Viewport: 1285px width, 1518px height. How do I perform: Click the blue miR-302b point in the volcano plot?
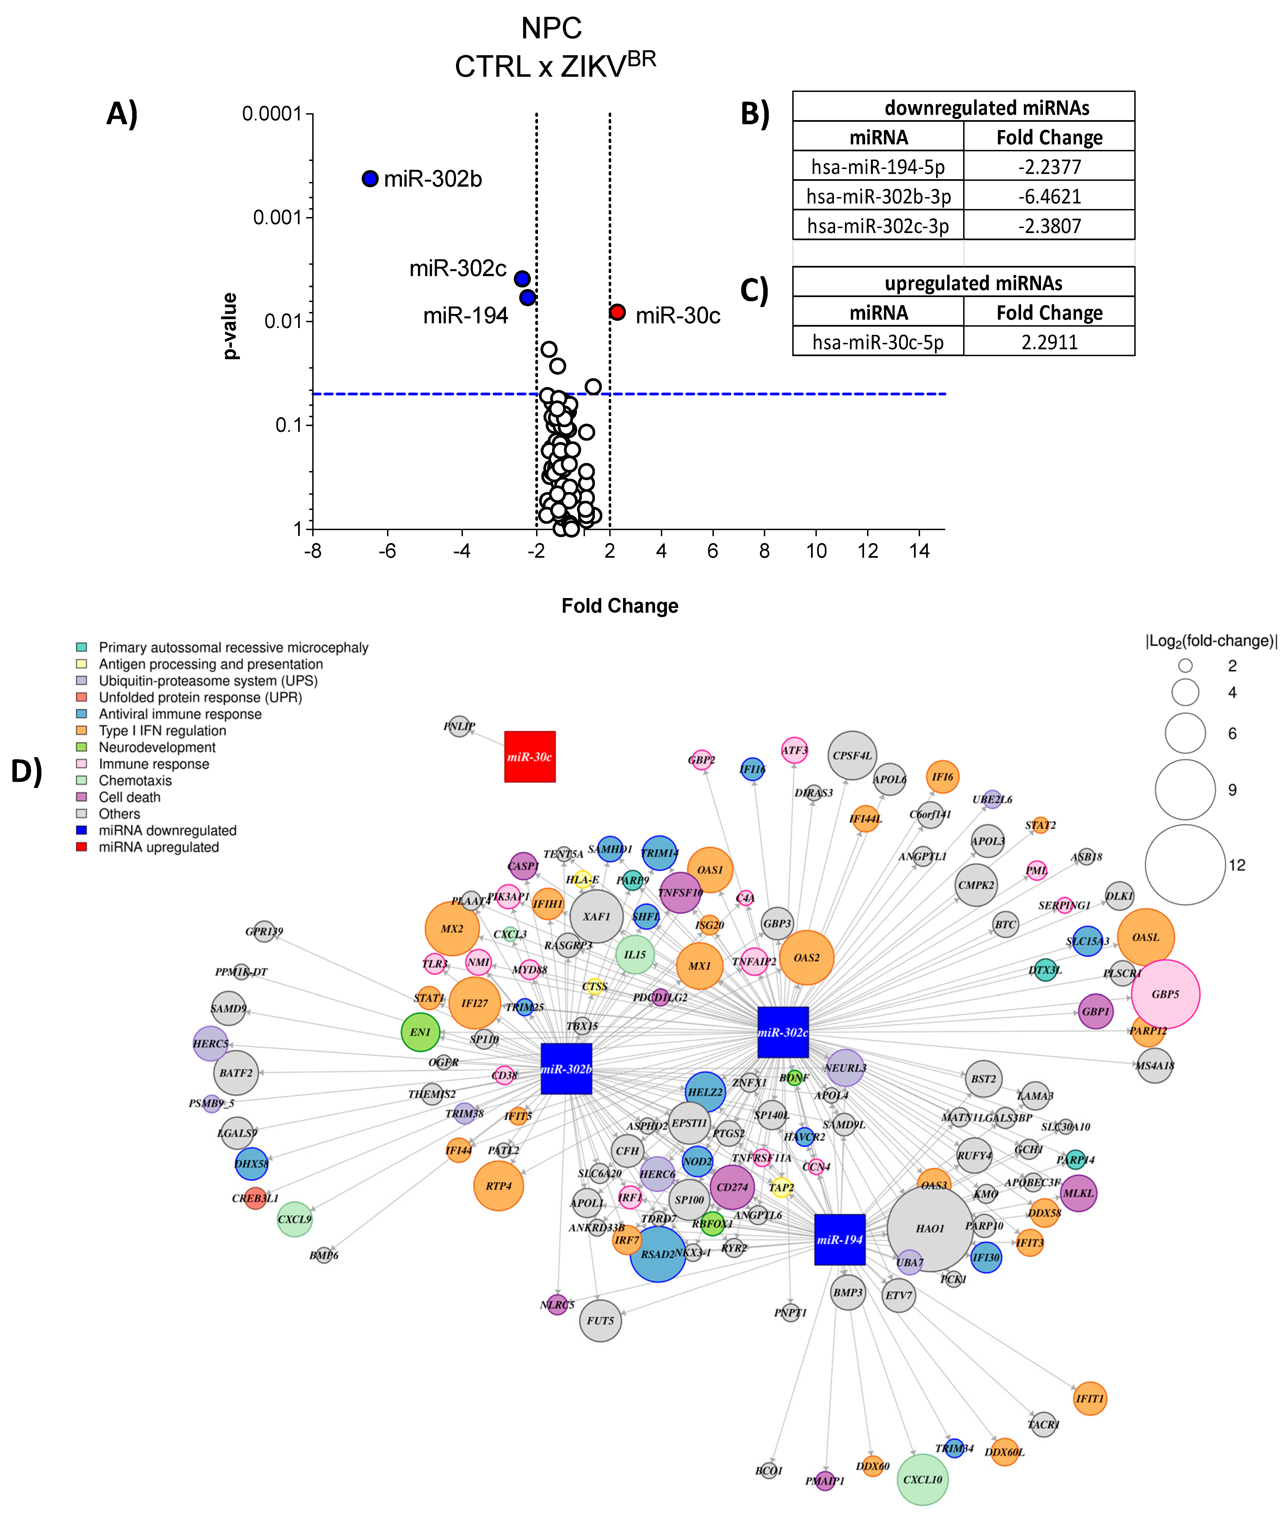click(370, 178)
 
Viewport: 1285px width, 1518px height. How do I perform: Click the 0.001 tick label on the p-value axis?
click(277, 217)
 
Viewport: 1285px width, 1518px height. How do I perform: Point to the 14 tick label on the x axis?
click(919, 551)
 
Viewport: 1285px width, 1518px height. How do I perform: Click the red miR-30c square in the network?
click(529, 757)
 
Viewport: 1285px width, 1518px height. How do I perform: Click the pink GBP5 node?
click(1165, 994)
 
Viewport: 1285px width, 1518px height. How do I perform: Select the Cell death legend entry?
click(130, 797)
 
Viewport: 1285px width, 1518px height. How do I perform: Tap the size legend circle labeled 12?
click(1185, 865)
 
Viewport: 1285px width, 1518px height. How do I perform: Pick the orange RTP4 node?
click(498, 1186)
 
